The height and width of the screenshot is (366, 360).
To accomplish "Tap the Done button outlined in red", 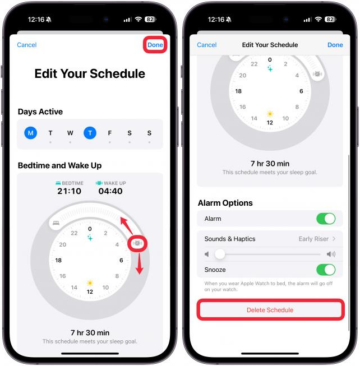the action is tap(155, 45).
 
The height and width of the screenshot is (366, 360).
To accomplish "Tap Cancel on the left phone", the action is tap(27, 45).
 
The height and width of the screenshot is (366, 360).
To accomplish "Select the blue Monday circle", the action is tap(31, 133).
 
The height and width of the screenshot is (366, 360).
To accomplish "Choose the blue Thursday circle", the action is tap(90, 133).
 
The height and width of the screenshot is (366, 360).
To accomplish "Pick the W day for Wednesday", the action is tap(70, 133).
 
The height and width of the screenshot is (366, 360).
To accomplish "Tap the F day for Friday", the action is tap(110, 133).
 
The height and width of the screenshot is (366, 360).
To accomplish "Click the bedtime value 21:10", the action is tap(69, 191).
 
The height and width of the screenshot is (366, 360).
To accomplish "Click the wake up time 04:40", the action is tap(110, 191).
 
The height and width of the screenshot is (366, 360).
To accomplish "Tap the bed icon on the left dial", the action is tap(56, 223).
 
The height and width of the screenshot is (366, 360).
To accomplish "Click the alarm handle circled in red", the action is tap(137, 243).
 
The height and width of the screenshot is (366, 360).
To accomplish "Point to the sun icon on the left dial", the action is tap(90, 283).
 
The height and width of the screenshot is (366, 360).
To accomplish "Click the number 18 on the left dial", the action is tap(58, 260).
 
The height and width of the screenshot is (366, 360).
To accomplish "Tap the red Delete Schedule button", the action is tap(270, 310).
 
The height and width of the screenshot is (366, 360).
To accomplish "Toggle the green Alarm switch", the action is tap(326, 219).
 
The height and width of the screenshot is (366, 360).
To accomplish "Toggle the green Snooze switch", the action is tap(326, 270).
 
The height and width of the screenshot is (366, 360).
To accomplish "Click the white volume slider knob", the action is tap(220, 254).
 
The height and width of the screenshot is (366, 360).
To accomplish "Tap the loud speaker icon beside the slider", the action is tap(331, 254).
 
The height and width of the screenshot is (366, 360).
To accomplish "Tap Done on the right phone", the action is tap(335, 45).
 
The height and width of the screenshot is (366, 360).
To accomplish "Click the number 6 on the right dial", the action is tap(301, 91).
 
